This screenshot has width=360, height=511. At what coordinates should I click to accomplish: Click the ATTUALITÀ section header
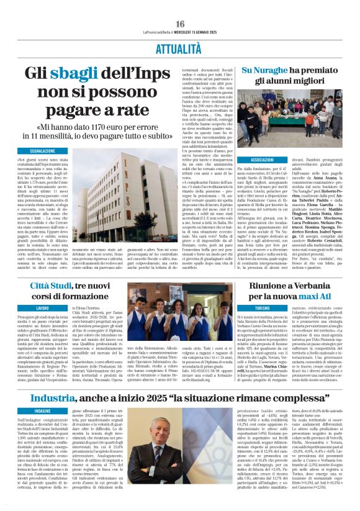(180, 47)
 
